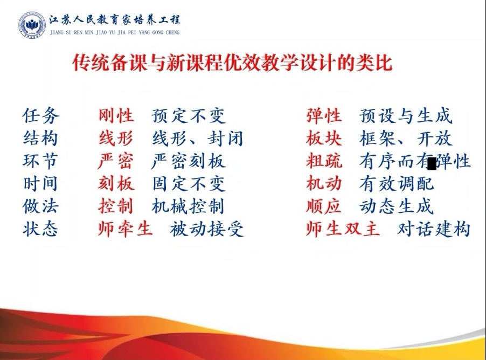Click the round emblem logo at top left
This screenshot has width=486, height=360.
pyautogui.click(x=32, y=25)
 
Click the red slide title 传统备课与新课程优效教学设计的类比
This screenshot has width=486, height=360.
pyautogui.click(x=232, y=63)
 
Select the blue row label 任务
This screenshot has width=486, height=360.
pyautogui.click(x=41, y=115)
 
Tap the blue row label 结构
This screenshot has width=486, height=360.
pyautogui.click(x=40, y=139)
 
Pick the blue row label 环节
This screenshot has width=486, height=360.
pyautogui.click(x=40, y=161)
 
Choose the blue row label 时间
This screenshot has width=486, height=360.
pyautogui.click(x=40, y=184)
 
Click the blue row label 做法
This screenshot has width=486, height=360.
pyautogui.click(x=40, y=206)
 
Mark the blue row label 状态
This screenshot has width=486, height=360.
pyautogui.click(x=40, y=229)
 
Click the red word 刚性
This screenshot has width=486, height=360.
pyautogui.click(x=116, y=115)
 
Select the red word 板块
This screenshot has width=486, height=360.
pyautogui.click(x=324, y=139)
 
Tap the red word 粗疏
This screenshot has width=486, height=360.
pyautogui.click(x=324, y=161)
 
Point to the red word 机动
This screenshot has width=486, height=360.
pyautogui.click(x=324, y=184)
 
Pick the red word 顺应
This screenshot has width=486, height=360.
pyautogui.click(x=324, y=206)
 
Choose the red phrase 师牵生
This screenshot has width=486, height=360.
pyautogui.click(x=125, y=229)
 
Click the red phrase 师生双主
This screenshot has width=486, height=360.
pyautogui.click(x=343, y=229)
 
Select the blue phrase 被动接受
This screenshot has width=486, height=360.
pyautogui.click(x=207, y=229)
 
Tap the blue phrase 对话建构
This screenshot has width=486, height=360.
pyautogui.click(x=434, y=229)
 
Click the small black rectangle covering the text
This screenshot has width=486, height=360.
pyautogui.click(x=432, y=164)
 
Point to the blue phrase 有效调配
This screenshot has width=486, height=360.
pyautogui.click(x=397, y=184)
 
